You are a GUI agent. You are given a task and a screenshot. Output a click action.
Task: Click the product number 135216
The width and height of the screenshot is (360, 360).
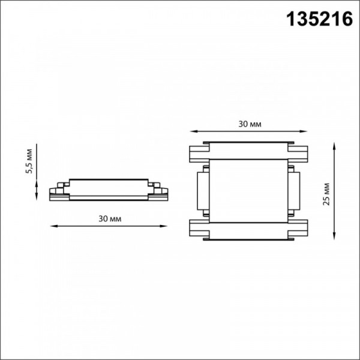pos(319,19)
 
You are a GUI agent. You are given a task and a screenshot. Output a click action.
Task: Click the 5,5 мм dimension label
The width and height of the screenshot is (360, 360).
pos(29,161)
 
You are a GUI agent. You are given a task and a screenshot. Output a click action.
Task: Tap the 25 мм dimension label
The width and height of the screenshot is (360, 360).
pos(326,194)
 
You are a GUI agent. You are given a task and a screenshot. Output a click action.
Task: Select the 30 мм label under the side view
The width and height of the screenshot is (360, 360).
pos(110,219)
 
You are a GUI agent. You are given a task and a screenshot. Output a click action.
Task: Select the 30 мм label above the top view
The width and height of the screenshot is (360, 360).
pos(250,124)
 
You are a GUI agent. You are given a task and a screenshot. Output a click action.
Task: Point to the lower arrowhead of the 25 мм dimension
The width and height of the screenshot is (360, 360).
pos(334,236)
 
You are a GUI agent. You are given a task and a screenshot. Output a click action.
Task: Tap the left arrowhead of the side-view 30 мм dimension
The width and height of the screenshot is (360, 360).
pos(54,226)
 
